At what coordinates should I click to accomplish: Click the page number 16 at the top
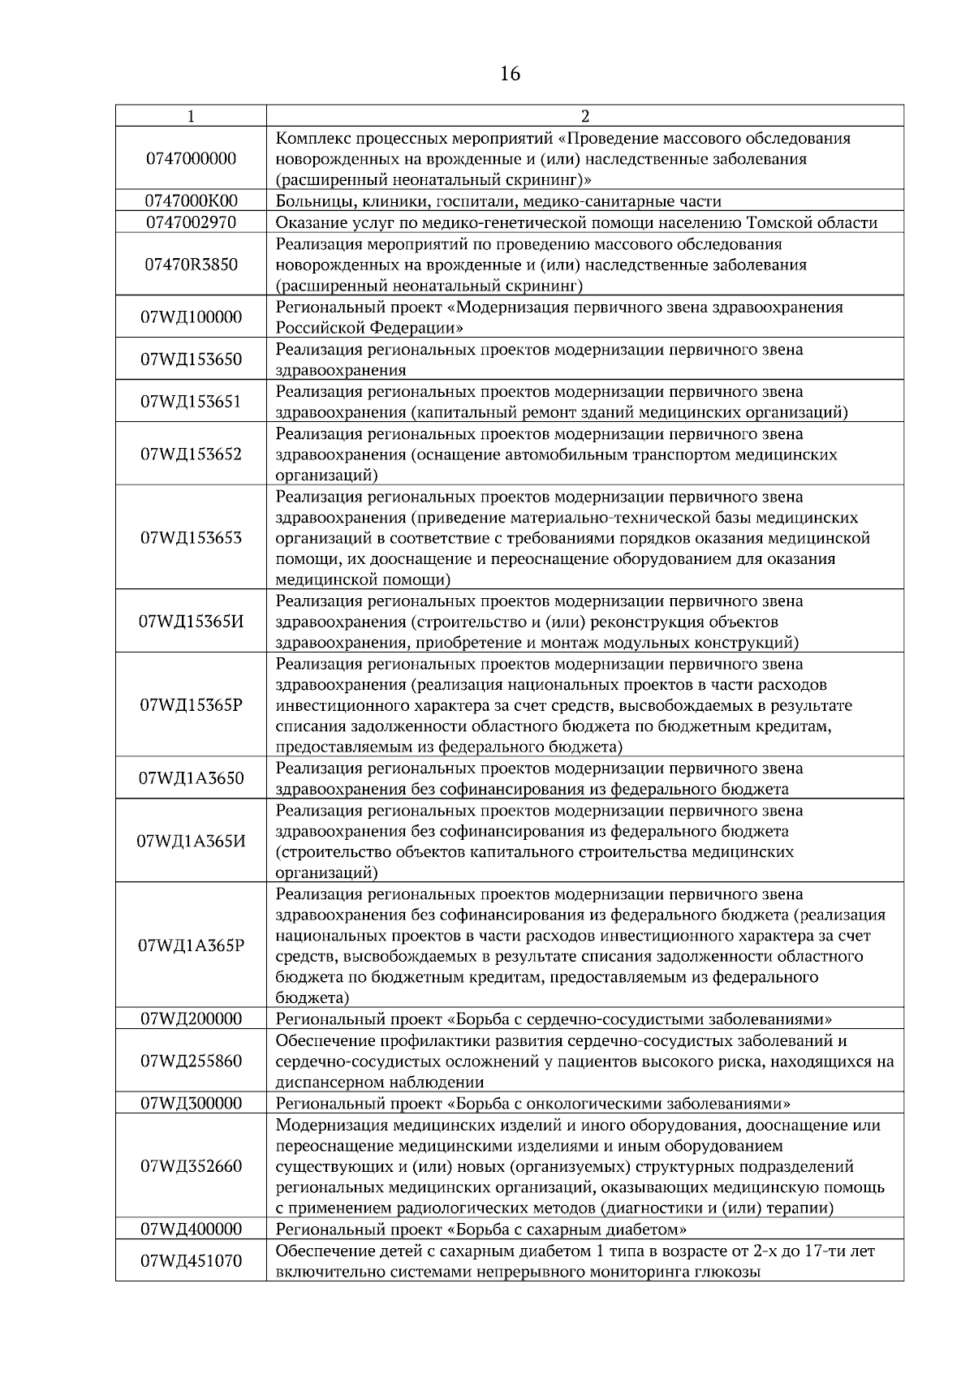point(510,75)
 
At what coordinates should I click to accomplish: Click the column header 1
point(191,116)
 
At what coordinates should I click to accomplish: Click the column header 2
point(585,116)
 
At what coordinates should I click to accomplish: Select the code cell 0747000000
point(191,158)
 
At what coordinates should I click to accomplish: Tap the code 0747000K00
point(191,201)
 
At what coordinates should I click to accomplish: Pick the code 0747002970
point(191,222)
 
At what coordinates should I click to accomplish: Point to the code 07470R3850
point(191,265)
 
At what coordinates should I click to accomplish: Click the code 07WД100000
point(191,317)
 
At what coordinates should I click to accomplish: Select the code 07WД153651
point(191,402)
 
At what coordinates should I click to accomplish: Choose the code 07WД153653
point(191,538)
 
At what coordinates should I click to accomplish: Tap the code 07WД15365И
point(191,622)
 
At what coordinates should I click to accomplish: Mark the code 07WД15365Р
point(191,705)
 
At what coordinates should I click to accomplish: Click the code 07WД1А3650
point(191,778)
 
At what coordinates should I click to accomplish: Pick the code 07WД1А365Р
point(191,945)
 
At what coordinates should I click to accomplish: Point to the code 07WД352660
point(191,1166)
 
